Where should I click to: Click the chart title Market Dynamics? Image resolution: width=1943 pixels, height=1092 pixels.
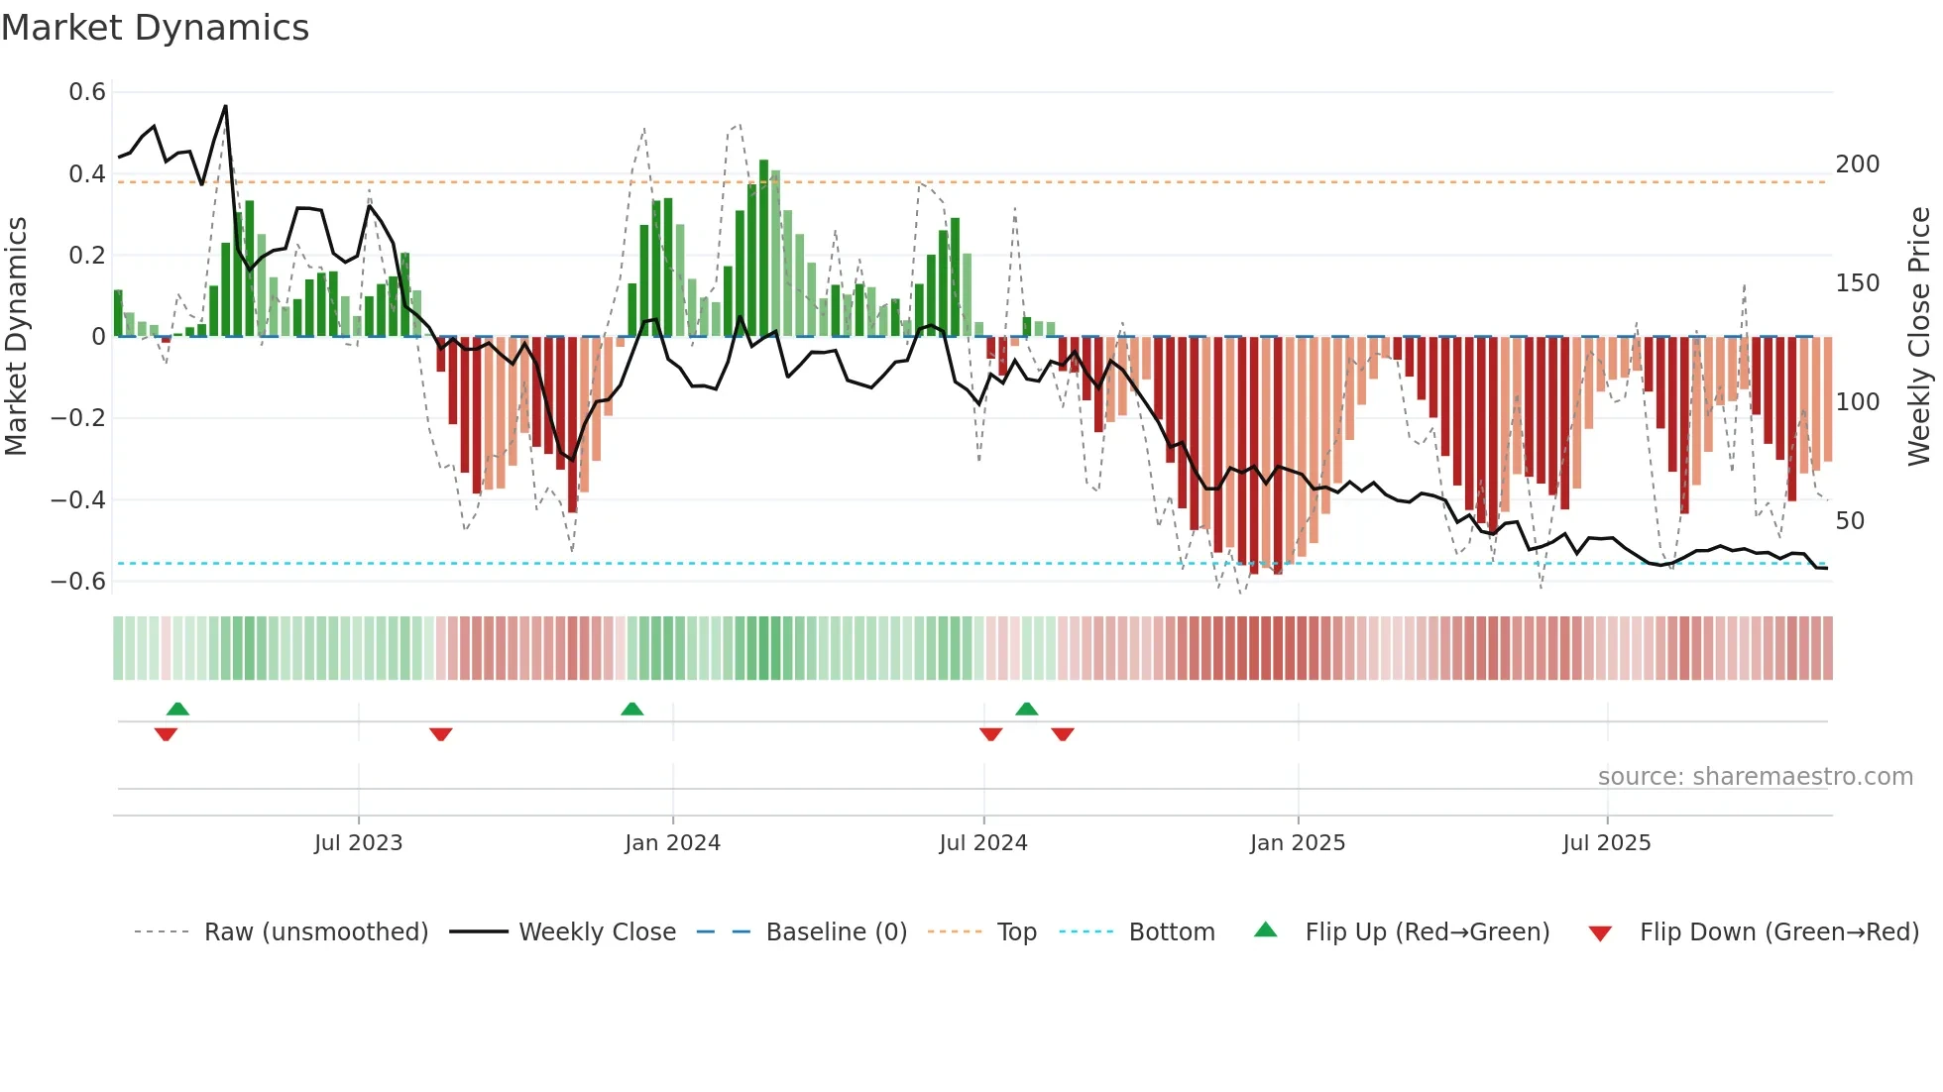156,28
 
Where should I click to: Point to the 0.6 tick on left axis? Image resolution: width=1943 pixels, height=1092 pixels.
87,92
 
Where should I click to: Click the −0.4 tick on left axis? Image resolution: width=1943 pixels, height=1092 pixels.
78,499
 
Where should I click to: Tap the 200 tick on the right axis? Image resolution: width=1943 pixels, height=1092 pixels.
1857,164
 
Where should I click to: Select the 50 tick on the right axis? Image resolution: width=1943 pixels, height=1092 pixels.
1850,521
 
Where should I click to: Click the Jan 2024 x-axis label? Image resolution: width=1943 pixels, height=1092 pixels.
672,843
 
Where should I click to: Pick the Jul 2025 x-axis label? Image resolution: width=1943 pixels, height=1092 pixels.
1606,843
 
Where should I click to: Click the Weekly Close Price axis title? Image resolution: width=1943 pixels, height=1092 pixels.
1919,337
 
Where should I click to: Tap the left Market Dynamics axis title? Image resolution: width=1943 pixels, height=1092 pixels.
16,337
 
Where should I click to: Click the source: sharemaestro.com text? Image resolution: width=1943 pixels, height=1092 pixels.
1755,777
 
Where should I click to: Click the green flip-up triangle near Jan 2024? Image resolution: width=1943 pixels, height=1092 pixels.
631,709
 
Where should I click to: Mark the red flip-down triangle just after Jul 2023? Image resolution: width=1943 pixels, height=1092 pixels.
441,734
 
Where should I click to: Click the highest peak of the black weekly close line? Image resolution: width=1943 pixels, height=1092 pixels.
226,107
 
